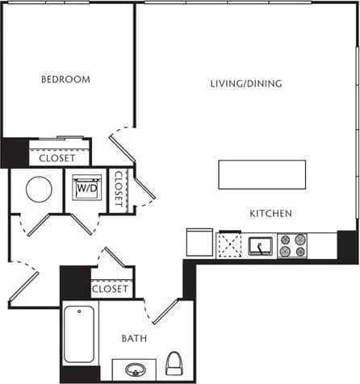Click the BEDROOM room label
[x=65, y=80]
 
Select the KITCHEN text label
[x=270, y=214]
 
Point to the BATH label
[x=134, y=339]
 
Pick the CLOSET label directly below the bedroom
[x=57, y=158]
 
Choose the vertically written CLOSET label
[x=119, y=190]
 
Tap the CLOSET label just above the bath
[x=110, y=289]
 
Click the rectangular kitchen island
[x=262, y=174]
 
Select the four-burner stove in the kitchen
[x=292, y=245]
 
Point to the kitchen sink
[x=260, y=245]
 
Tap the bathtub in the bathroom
[x=80, y=334]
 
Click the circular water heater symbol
[x=39, y=190]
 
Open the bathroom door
[x=165, y=311]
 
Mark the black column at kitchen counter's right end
[x=347, y=246]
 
